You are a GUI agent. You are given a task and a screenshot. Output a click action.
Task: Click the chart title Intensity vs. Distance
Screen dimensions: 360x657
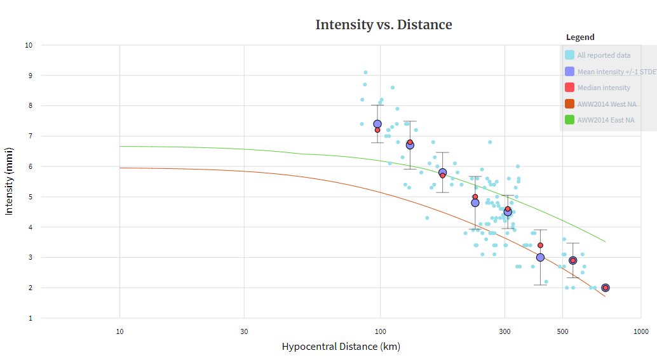point(384,25)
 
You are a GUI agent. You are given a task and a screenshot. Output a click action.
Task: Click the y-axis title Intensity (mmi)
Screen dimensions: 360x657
point(10,182)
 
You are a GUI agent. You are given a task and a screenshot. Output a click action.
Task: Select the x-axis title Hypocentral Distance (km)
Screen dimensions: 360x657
point(341,347)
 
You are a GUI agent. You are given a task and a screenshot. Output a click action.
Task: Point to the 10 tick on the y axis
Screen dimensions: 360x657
point(29,45)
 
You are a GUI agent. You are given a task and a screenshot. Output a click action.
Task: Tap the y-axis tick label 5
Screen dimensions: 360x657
point(30,197)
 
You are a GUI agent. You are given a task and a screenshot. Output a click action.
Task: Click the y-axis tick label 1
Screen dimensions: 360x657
point(30,318)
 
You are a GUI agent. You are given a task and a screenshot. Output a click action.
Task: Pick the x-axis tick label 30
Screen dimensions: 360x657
point(244,331)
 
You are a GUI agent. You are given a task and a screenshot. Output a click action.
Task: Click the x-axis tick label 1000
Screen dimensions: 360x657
point(640,331)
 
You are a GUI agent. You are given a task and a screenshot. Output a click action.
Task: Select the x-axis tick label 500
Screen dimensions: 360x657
point(562,331)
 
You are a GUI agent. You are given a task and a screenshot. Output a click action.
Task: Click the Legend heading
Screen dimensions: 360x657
point(580,37)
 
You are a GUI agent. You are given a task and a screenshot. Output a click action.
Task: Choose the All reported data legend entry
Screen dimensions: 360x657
point(604,55)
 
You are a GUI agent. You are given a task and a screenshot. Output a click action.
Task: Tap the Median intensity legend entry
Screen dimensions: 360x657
point(604,88)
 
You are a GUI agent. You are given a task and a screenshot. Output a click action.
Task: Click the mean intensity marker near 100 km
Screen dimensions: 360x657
point(377,124)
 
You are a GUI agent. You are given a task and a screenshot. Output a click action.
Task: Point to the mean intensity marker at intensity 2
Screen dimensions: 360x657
point(606,288)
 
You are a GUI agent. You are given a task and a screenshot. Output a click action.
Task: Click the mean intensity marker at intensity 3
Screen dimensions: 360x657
point(540,257)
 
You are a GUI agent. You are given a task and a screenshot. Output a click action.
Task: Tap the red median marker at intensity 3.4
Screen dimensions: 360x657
point(540,245)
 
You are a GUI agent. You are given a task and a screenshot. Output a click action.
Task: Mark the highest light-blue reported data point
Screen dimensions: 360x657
point(365,72)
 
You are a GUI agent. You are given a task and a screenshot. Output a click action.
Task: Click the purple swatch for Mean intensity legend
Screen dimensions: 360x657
point(570,71)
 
